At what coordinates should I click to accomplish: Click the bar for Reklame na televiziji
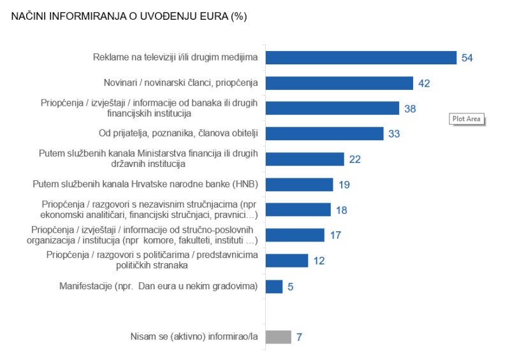(x=361, y=58)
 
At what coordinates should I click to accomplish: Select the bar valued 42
(x=339, y=83)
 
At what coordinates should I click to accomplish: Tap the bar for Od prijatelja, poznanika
(x=324, y=134)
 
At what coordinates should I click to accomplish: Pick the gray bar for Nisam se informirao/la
(x=279, y=337)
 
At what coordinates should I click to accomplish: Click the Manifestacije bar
(x=274, y=287)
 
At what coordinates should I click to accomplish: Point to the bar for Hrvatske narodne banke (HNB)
(x=299, y=184)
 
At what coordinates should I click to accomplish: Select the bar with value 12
(x=287, y=261)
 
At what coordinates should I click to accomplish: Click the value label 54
(x=467, y=58)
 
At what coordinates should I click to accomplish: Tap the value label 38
(x=410, y=108)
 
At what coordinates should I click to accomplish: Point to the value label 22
(x=355, y=159)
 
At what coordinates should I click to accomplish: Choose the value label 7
(x=299, y=337)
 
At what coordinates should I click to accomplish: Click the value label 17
(x=335, y=235)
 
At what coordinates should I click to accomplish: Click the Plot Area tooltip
(x=467, y=119)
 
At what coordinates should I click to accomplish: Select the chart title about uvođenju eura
(x=129, y=17)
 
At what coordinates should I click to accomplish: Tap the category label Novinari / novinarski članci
(x=181, y=83)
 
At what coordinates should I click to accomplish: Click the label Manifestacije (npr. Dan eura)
(x=159, y=286)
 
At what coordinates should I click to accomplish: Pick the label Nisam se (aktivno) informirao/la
(x=194, y=336)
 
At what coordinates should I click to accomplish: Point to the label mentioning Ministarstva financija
(x=149, y=159)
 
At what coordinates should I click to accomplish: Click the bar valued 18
(x=298, y=210)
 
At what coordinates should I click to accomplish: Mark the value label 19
(x=344, y=185)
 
